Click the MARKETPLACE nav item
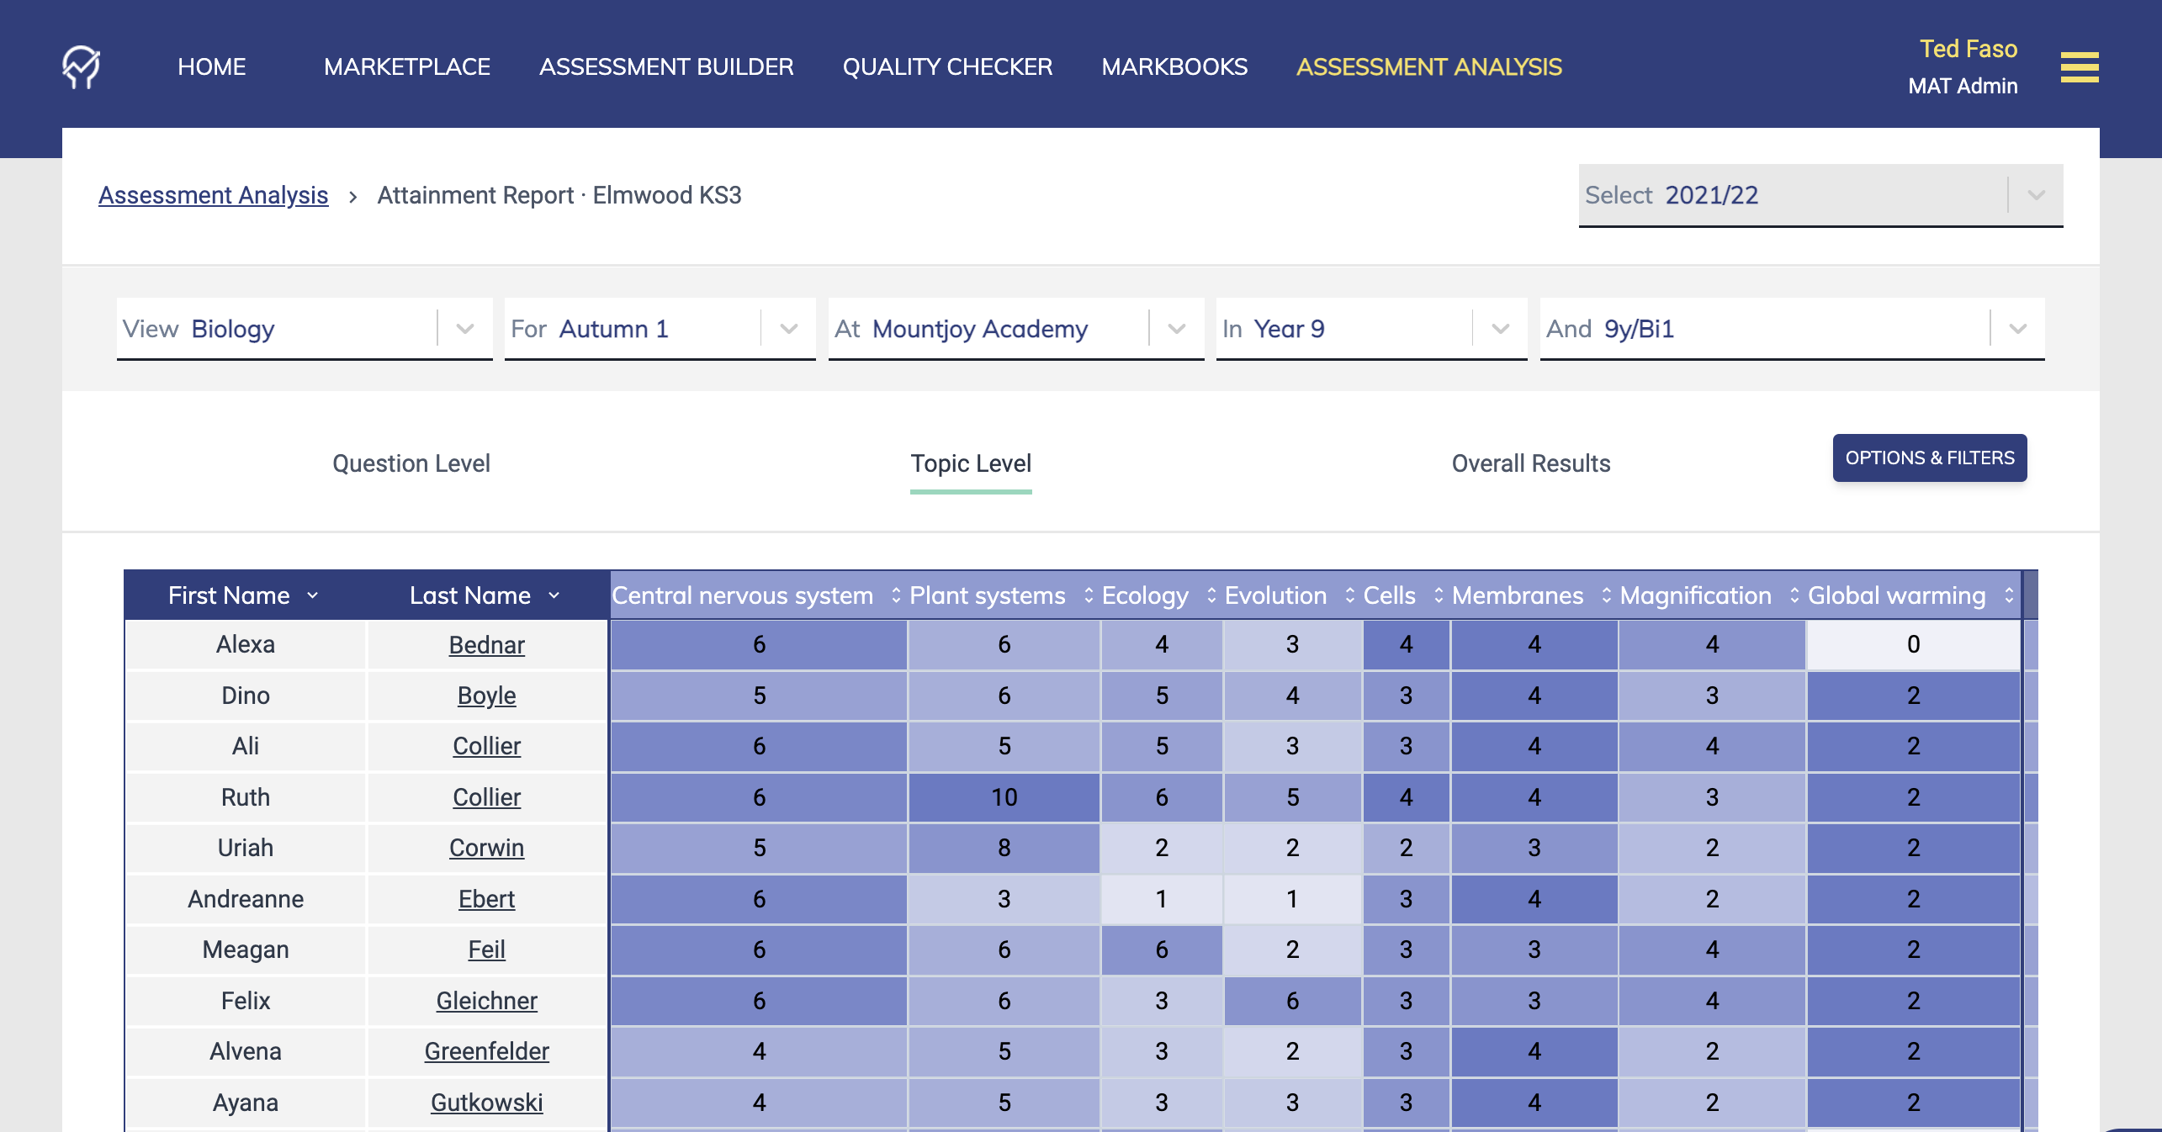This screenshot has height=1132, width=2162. (406, 66)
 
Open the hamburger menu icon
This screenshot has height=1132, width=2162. (2079, 67)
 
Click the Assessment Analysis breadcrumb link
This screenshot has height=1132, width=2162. (213, 195)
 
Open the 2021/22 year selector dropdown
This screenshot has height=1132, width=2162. (1820, 195)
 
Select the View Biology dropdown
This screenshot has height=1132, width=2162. (304, 329)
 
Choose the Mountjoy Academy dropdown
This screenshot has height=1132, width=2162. (1015, 329)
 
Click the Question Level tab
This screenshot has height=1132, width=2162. (411, 463)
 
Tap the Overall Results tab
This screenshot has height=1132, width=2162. (1530, 463)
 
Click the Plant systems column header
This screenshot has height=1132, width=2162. (988, 595)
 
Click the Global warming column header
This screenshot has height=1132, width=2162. (1896, 595)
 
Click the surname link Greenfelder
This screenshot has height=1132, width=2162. (486, 1051)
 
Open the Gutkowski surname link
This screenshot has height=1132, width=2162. (486, 1103)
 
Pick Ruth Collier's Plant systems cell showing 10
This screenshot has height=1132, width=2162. (1004, 797)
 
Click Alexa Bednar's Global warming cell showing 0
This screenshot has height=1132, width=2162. (1913, 644)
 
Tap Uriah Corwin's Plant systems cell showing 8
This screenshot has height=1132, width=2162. (1004, 848)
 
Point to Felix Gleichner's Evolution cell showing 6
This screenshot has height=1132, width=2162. (1292, 1001)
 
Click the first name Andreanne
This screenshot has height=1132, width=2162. (246, 899)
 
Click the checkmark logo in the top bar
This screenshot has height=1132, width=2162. (81, 66)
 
